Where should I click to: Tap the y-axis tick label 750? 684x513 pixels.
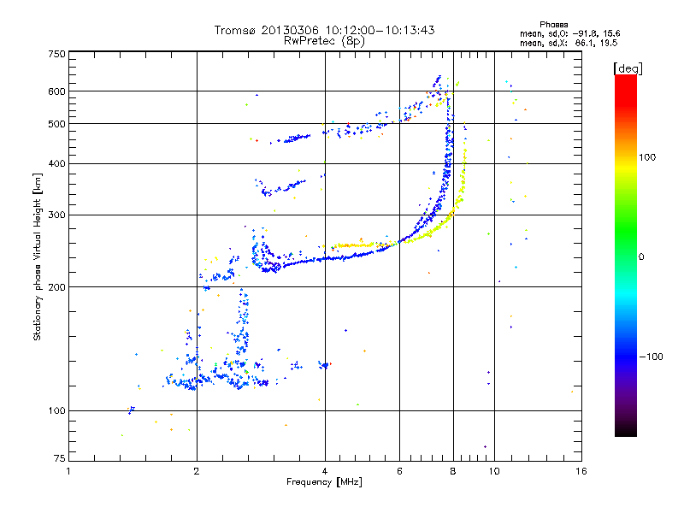click(56, 54)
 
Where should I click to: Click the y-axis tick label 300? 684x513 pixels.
click(56, 215)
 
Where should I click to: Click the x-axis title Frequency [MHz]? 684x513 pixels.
click(325, 482)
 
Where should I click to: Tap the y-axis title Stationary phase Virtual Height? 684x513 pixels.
click(38, 256)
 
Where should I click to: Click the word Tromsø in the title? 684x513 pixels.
click(238, 30)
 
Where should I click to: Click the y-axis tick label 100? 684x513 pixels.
click(56, 410)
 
